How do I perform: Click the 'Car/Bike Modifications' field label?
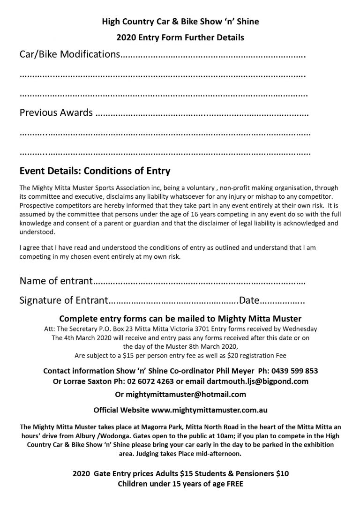[x=69, y=54]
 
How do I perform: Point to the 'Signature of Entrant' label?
[x=64, y=300]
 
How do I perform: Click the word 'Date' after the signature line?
[x=249, y=300]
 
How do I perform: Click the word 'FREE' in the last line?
[x=232, y=483]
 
